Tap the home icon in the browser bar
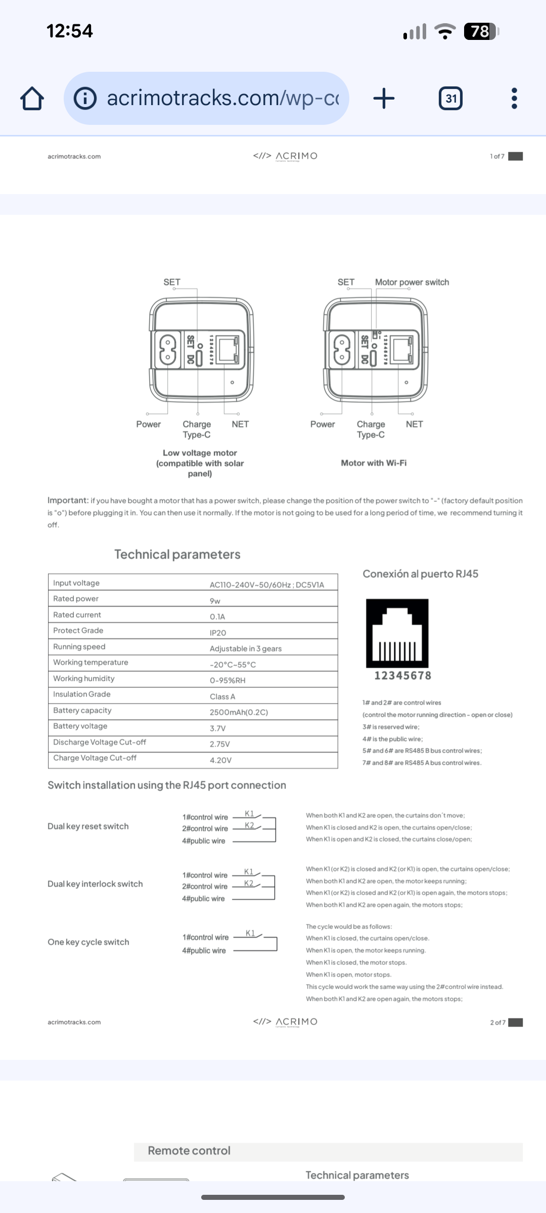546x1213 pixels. pos(32,99)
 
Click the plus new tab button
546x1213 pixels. pos(384,98)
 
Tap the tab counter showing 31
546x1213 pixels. pos(450,98)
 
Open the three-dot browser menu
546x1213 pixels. pos(514,98)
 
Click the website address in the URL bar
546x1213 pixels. pos(222,98)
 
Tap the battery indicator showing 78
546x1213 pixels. pos(481,32)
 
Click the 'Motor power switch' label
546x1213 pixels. pos(412,282)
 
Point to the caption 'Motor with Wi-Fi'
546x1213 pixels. pos(374,463)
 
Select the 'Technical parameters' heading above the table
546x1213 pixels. pos(177,554)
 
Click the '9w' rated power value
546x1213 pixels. pos(215,601)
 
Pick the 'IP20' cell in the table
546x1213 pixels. pos(218,633)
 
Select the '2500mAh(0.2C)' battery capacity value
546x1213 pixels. pos(239,712)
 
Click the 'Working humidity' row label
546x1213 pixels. pos(84,678)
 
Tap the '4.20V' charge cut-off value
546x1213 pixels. pos(220,760)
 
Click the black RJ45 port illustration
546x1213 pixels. pos(397,633)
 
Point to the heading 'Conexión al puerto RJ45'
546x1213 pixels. pos(420,574)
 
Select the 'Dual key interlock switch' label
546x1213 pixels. pos(95,884)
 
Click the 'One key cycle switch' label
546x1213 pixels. pos(88,942)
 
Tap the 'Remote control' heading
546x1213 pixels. pos(189,1150)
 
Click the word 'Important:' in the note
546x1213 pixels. pos(68,500)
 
